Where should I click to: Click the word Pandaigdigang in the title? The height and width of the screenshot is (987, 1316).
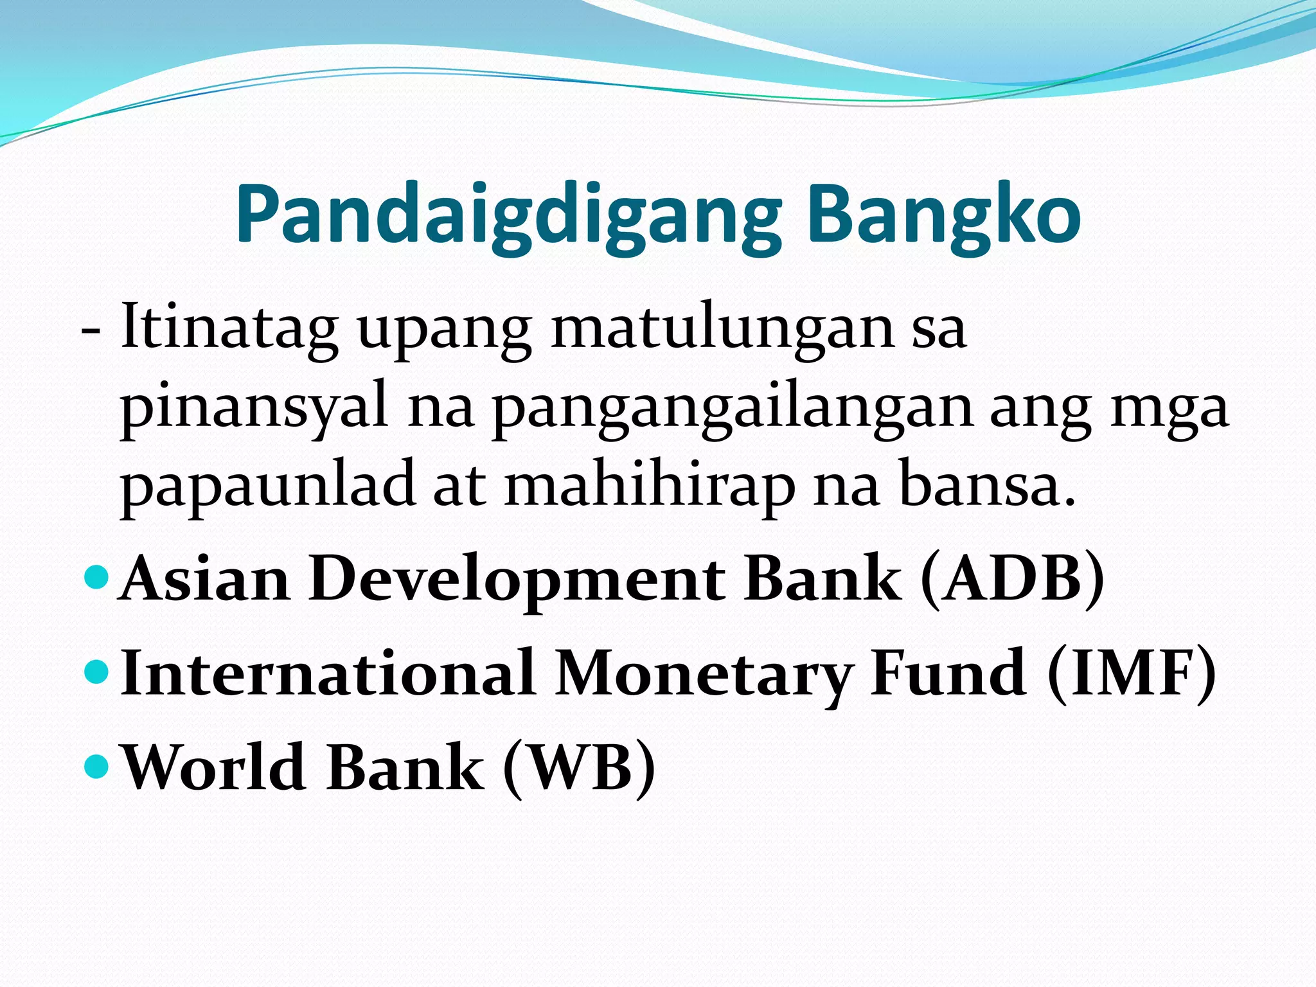click(x=508, y=215)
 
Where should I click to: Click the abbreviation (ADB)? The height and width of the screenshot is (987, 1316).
click(x=1013, y=579)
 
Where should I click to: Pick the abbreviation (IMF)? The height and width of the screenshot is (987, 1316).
click(x=1131, y=673)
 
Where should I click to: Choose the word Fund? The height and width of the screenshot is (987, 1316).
click(x=948, y=673)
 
